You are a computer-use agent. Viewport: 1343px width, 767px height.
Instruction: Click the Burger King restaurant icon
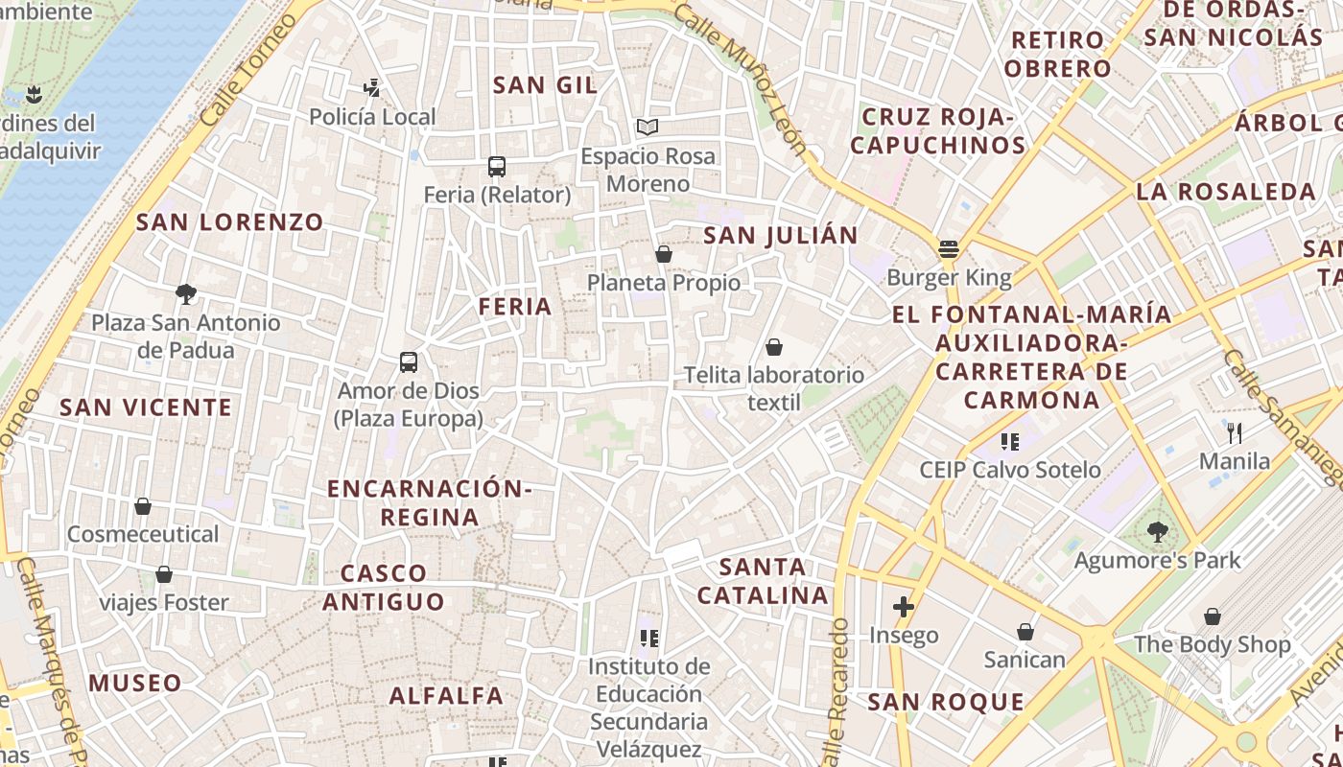click(949, 249)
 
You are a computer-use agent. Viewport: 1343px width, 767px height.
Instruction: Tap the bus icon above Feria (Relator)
click(496, 167)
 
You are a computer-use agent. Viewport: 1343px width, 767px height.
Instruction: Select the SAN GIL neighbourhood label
click(545, 84)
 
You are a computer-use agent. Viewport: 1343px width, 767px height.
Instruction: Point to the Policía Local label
click(372, 117)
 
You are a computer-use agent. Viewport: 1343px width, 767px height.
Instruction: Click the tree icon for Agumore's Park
click(1158, 531)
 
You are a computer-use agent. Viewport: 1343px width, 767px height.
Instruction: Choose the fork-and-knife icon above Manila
click(1235, 433)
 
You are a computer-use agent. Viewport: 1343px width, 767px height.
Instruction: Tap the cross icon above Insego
click(903, 606)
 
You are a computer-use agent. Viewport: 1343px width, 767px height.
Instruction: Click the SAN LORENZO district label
click(230, 222)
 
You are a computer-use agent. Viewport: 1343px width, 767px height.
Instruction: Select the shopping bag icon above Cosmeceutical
click(143, 505)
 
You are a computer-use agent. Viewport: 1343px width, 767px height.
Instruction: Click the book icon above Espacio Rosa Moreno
click(648, 127)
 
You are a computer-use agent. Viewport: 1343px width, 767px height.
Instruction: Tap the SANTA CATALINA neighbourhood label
click(763, 581)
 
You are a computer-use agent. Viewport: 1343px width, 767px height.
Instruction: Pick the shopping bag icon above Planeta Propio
click(663, 254)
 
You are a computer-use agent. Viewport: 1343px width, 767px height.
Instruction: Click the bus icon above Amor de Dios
click(409, 362)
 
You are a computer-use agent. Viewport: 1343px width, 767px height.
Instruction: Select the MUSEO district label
click(135, 684)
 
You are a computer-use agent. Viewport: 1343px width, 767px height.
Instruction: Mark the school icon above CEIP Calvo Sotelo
click(1009, 441)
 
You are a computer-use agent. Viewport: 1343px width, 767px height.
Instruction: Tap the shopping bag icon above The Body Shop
click(1213, 616)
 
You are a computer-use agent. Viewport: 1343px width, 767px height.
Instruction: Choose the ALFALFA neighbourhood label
click(446, 696)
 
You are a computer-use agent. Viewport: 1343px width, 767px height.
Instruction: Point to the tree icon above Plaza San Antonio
click(186, 293)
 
